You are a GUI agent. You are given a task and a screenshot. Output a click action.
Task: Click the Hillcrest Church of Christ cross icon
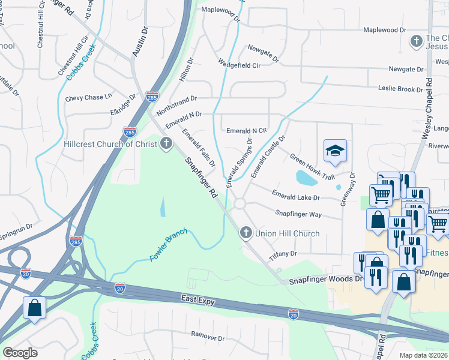(x=166, y=143)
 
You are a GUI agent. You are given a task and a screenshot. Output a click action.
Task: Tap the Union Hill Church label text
(x=287, y=233)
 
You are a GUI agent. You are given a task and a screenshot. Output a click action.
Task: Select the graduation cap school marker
(x=335, y=151)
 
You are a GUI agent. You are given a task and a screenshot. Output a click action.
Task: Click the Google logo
(x=20, y=353)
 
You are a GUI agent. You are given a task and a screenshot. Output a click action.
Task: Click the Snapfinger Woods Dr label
(x=327, y=280)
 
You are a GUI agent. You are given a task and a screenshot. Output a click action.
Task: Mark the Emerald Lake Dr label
(x=295, y=196)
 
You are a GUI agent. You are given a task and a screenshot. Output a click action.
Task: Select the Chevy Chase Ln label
(x=89, y=97)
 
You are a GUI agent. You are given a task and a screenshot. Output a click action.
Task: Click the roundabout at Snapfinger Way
(x=240, y=204)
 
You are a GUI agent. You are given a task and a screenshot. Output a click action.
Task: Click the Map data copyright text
(x=424, y=355)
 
